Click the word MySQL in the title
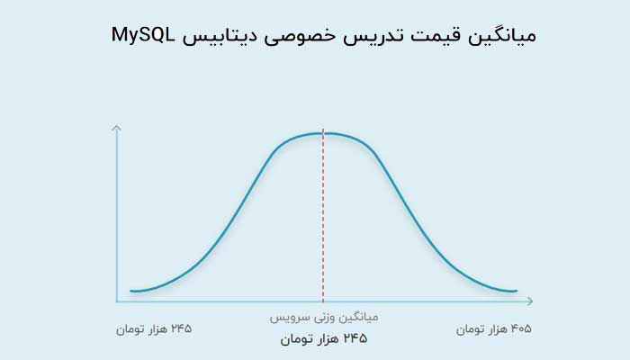click(x=143, y=35)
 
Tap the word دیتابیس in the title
click(x=220, y=36)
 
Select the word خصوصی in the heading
click(x=300, y=37)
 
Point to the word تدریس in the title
click(x=373, y=36)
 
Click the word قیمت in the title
click(x=435, y=36)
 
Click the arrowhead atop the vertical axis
click(x=116, y=128)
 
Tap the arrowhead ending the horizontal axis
click(x=529, y=301)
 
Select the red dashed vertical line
click(x=323, y=216)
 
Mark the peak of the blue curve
click(x=323, y=133)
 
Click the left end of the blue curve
click(x=131, y=291)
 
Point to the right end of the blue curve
click(x=517, y=291)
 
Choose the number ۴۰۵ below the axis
click(x=521, y=329)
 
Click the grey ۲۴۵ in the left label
click(x=182, y=328)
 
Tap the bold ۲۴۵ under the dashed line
click(x=355, y=338)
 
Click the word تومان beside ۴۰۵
click(x=469, y=330)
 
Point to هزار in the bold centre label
click(x=328, y=339)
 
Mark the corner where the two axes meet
click(x=116, y=301)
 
